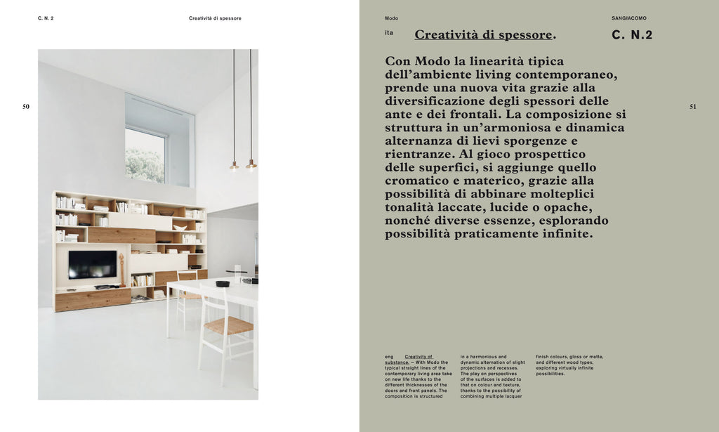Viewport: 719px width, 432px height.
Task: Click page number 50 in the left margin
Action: point(26,107)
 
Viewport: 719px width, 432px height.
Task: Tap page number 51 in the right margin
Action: point(693,107)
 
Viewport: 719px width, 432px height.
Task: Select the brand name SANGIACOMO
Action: point(629,18)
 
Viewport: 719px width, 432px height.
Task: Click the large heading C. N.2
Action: point(632,35)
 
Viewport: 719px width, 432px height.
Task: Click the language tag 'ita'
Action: point(389,33)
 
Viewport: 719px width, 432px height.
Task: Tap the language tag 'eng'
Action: point(389,357)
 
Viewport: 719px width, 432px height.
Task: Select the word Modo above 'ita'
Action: point(391,18)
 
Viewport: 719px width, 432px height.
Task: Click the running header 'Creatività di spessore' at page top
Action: point(215,18)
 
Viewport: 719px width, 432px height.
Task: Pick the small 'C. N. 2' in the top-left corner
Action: point(46,18)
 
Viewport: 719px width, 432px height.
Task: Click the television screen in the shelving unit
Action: point(92,265)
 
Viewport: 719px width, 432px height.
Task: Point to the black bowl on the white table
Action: point(223,284)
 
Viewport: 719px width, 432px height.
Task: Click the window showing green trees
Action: point(145,155)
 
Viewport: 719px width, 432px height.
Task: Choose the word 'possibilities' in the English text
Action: point(550,374)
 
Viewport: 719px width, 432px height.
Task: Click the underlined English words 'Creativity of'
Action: point(418,357)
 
